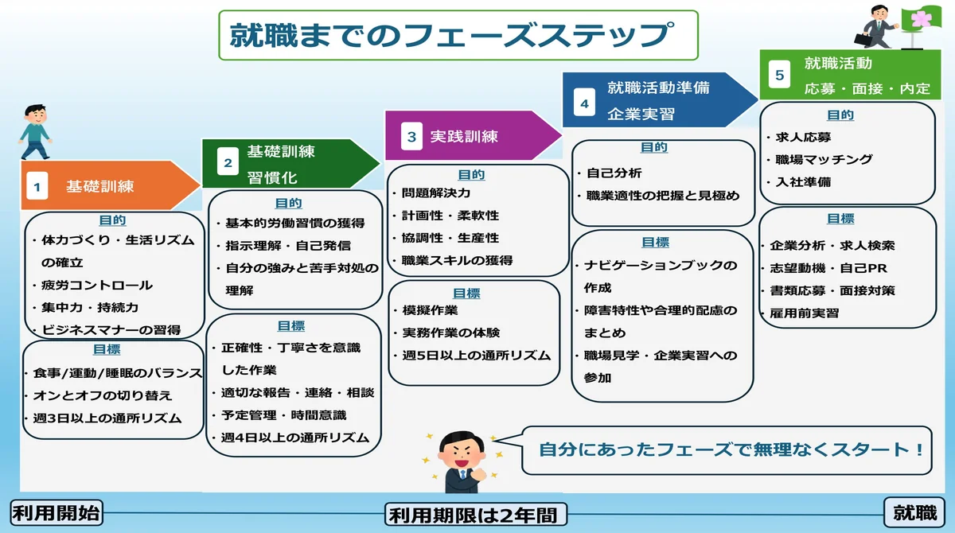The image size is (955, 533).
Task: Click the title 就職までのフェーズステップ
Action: click(x=458, y=36)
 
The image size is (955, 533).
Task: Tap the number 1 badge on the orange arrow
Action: click(x=37, y=187)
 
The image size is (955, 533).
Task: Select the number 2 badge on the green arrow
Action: click(x=228, y=163)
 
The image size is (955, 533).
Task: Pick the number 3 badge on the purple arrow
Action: click(x=411, y=137)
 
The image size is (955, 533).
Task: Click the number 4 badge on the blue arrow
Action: click(x=585, y=103)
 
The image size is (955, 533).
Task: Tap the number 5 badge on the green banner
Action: click(x=779, y=76)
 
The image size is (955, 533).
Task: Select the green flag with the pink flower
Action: click(x=921, y=19)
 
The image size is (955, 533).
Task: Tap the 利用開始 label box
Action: click(x=57, y=513)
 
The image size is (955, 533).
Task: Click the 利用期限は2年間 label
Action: click(x=477, y=515)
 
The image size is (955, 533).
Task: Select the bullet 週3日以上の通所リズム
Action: click(x=107, y=418)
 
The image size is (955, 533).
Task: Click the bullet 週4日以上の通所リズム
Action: click(x=294, y=438)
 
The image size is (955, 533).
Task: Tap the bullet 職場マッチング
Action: click(x=824, y=159)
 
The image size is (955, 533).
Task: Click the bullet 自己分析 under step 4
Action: click(x=614, y=173)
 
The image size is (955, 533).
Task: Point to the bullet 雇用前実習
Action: click(x=804, y=313)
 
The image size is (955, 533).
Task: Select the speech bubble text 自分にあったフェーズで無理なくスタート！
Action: click(x=731, y=449)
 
